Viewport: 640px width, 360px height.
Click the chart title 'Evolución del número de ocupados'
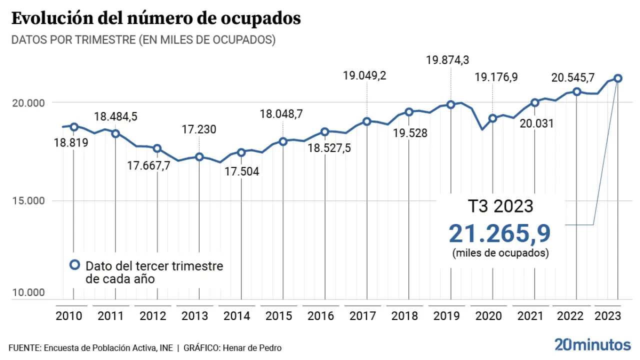coord(156,18)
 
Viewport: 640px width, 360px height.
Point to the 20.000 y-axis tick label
coord(28,103)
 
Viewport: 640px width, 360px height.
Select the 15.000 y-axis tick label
coord(28,201)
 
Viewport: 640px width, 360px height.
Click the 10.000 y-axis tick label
coord(28,293)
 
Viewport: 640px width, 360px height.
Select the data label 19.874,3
coord(447,60)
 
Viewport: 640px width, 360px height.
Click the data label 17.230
coord(198,130)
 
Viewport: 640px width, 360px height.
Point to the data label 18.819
coord(71,143)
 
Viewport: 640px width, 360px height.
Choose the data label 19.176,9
coord(496,77)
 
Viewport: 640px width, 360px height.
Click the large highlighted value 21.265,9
coord(499,233)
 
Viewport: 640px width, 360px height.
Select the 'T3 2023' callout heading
coord(500,206)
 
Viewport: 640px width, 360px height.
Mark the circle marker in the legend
coord(74,265)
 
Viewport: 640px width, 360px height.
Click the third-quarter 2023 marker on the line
coord(618,78)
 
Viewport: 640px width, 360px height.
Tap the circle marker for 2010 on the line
coord(74,127)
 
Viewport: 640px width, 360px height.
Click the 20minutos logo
coord(592,345)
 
